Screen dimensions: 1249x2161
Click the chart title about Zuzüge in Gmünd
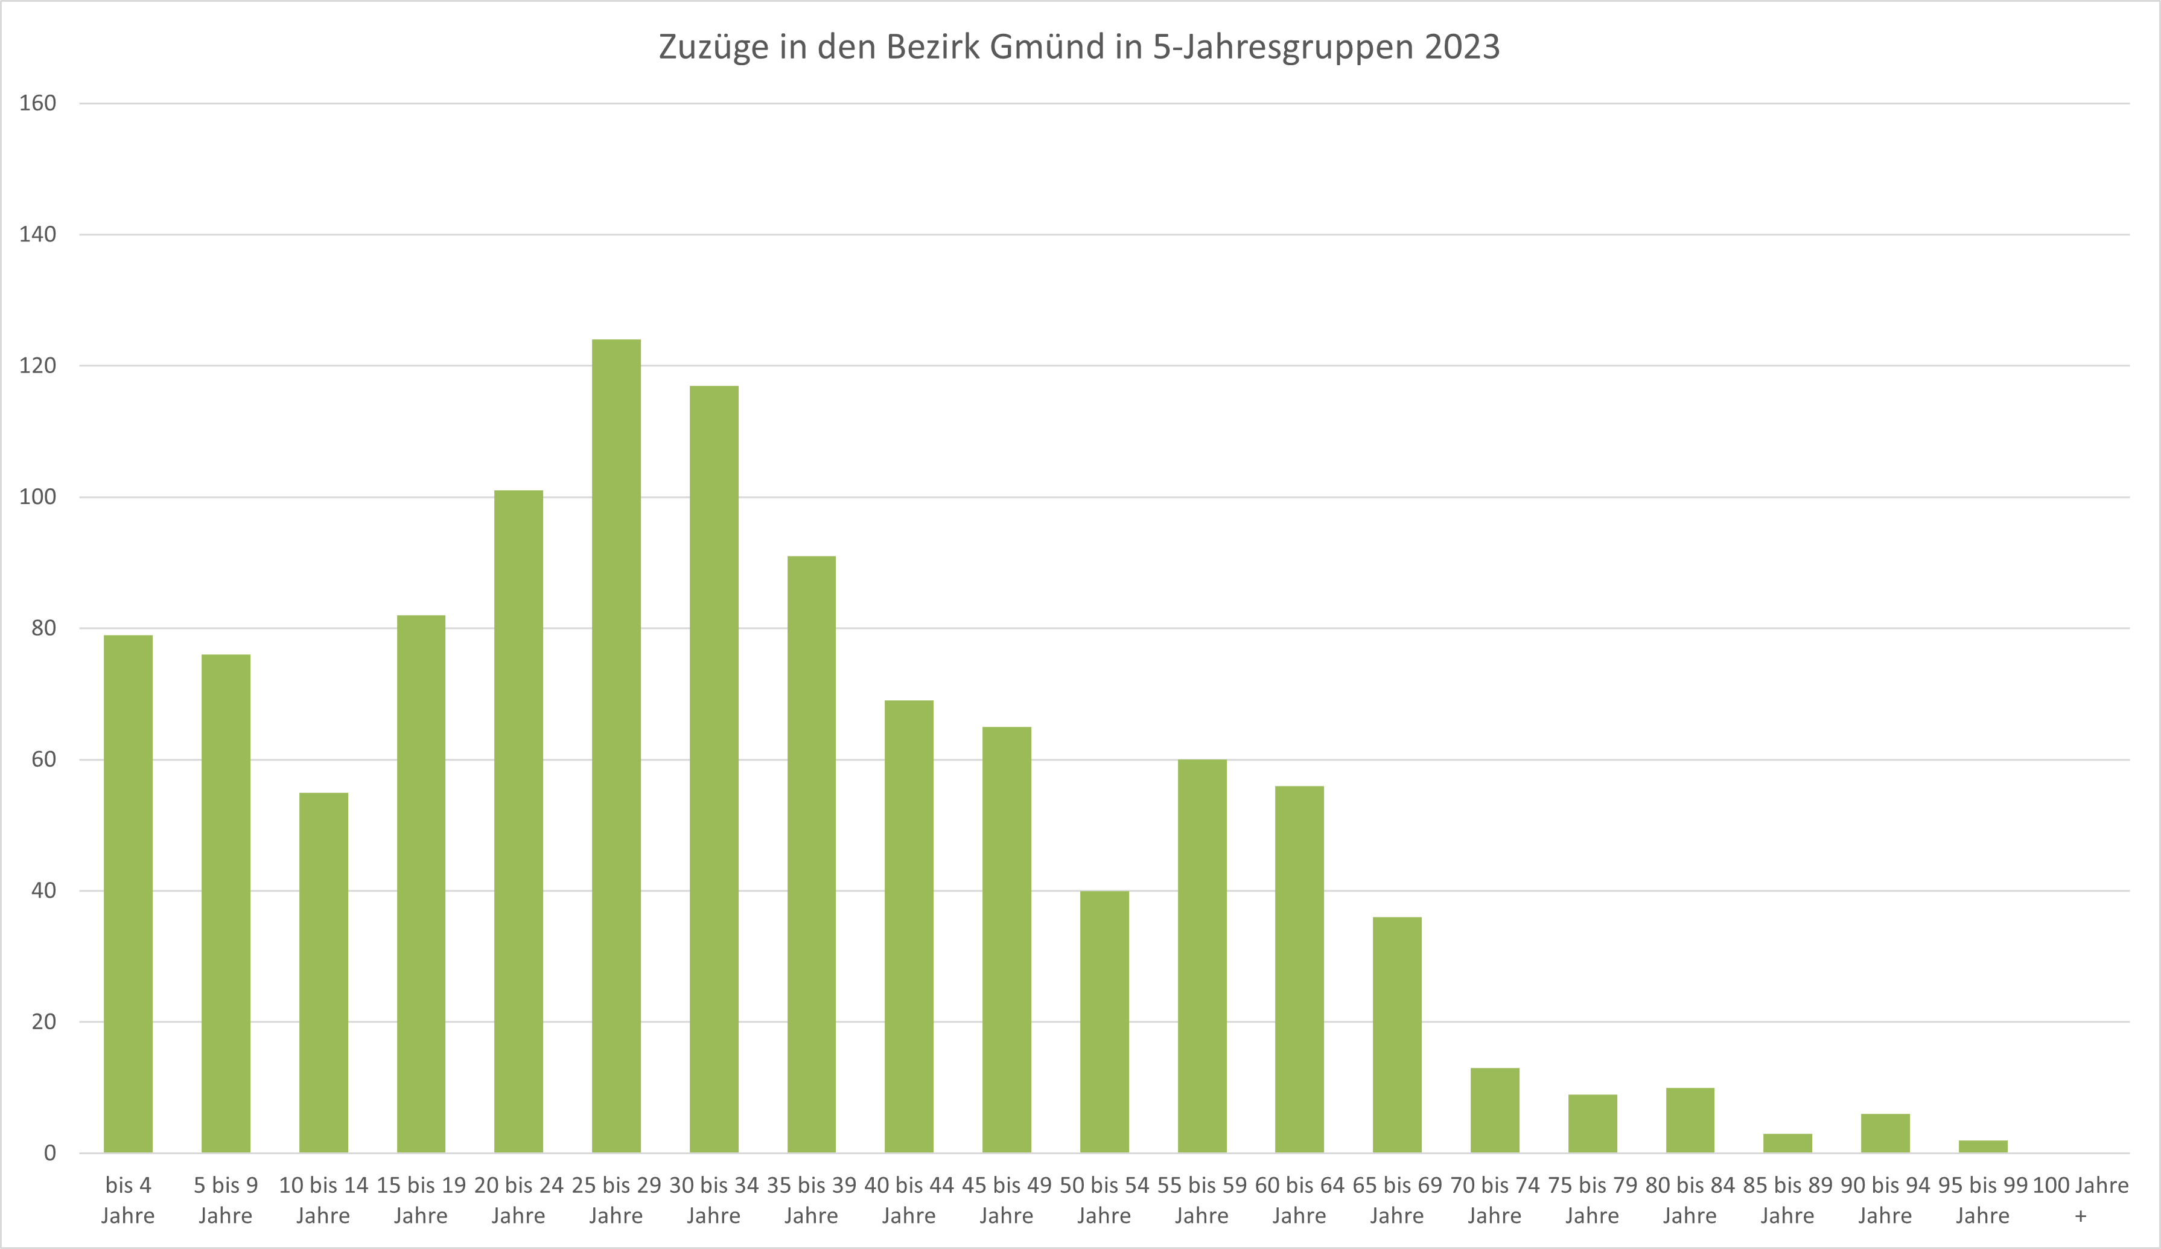(x=1079, y=47)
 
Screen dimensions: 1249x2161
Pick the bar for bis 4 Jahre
(x=128, y=894)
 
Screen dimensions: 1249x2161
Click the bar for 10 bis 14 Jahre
(x=323, y=973)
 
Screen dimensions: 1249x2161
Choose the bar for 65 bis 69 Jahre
(x=1397, y=1035)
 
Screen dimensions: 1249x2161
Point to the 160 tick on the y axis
(x=38, y=103)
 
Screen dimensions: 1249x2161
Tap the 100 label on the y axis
(x=38, y=497)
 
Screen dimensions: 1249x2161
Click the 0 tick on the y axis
(x=49, y=1153)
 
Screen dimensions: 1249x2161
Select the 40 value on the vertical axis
(x=43, y=890)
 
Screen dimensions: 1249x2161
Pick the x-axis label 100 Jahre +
(x=2080, y=1200)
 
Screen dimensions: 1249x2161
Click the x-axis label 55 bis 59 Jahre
(x=1201, y=1200)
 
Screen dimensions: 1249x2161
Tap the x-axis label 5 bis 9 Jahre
(x=226, y=1200)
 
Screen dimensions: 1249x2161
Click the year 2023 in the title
(x=1462, y=47)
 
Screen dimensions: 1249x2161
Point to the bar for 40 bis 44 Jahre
(x=909, y=927)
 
